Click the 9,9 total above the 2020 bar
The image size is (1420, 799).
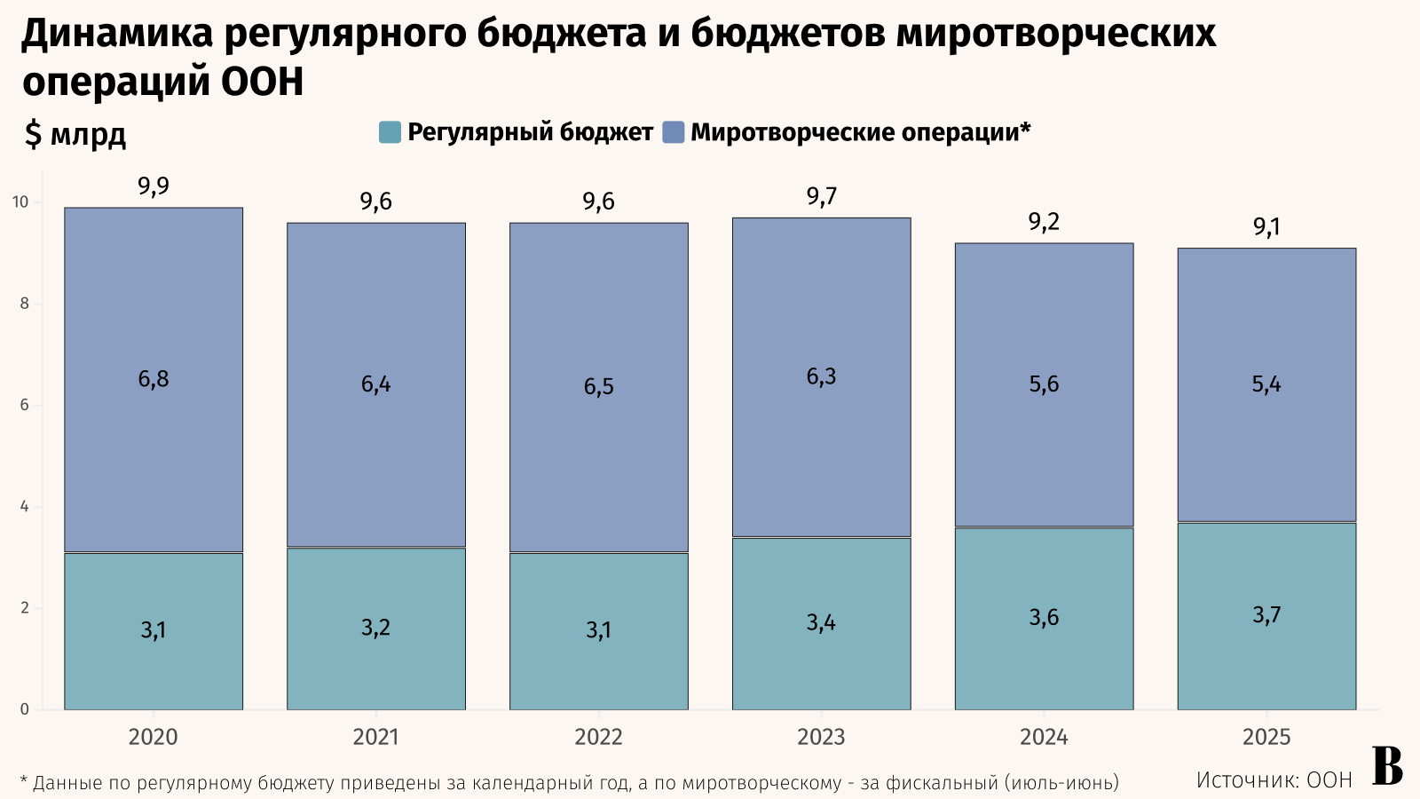[x=154, y=186]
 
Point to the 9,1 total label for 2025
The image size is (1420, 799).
[x=1266, y=227]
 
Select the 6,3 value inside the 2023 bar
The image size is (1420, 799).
[x=821, y=376]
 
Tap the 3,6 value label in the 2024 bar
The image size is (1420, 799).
[x=1044, y=618]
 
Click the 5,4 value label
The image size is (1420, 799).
[x=1266, y=384]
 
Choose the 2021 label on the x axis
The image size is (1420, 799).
[x=375, y=737]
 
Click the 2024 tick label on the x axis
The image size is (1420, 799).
[x=1044, y=737]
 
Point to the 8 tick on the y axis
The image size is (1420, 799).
[x=24, y=304]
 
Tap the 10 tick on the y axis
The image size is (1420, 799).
[x=20, y=202]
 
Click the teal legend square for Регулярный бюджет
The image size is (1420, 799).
[x=390, y=132]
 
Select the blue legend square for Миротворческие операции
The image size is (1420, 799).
[x=674, y=132]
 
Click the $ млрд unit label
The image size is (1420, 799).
[x=75, y=134]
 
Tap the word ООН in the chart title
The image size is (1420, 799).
[x=262, y=83]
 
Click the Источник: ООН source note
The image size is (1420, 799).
[x=1274, y=780]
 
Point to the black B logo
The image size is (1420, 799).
[x=1388, y=766]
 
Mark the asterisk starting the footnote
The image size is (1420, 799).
[x=24, y=781]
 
